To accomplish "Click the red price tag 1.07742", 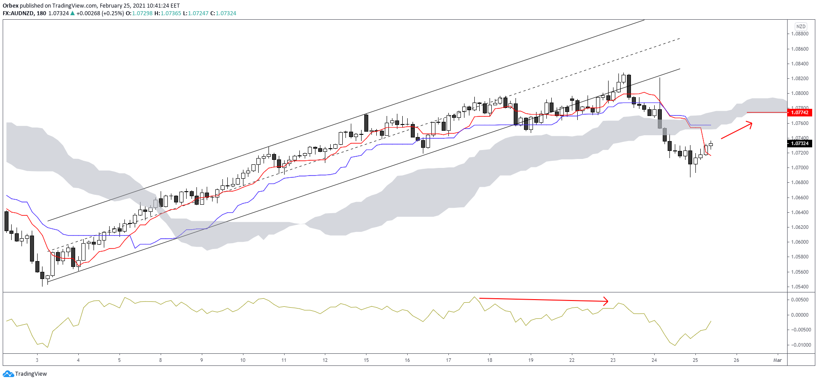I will (800, 112).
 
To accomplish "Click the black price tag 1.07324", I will (800, 143).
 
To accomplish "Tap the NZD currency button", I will (801, 26).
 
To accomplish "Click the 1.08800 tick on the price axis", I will (800, 34).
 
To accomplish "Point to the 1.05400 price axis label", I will (800, 287).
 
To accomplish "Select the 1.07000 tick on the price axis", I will (800, 167).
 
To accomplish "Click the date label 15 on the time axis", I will (366, 360).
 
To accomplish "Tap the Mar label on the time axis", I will (778, 360).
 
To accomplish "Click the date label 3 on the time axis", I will (37, 360).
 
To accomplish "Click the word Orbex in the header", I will (10, 6).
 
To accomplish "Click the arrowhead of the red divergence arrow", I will (607, 301).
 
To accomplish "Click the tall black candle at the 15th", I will (366, 123).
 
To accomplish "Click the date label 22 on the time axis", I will (572, 360).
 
